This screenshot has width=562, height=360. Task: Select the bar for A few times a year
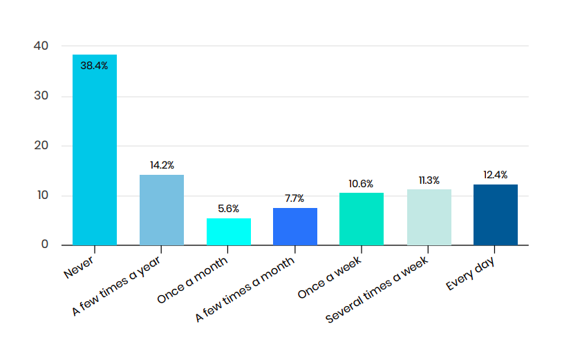[162, 210]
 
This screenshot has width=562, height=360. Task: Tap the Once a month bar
[229, 231]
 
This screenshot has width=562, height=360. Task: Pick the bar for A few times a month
[295, 227]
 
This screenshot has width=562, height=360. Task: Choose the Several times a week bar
[429, 217]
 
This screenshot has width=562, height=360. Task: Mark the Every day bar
[496, 214]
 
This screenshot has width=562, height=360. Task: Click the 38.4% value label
[95, 66]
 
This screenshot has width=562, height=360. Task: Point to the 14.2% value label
[162, 166]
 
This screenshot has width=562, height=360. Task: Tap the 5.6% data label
[229, 209]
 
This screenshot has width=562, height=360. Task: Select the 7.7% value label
[295, 198]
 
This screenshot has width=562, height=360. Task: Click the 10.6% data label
[362, 184]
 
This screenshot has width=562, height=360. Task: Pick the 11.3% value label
[429, 180]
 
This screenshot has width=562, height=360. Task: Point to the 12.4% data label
[496, 175]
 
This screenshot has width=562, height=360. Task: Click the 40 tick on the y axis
[41, 46]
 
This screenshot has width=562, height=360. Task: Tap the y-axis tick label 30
[41, 96]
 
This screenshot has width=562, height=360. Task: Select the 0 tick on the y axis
[45, 245]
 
